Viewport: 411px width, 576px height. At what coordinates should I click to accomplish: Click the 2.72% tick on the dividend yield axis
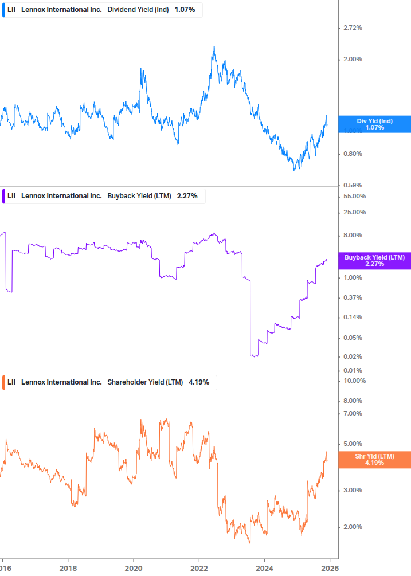[353, 28]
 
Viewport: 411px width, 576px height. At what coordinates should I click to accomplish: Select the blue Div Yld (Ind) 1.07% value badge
[374, 124]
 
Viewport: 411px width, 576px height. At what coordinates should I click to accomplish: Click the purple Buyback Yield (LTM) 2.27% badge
[374, 261]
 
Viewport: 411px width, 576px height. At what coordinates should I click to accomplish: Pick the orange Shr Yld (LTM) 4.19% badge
[374, 459]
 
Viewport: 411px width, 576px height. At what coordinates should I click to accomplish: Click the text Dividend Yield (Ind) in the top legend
[138, 9]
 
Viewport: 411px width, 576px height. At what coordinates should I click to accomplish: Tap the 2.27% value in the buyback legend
[187, 195]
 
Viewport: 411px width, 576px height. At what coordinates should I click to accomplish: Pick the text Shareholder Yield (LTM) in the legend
[144, 382]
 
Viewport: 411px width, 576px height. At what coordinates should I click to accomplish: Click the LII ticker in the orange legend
[11, 382]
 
